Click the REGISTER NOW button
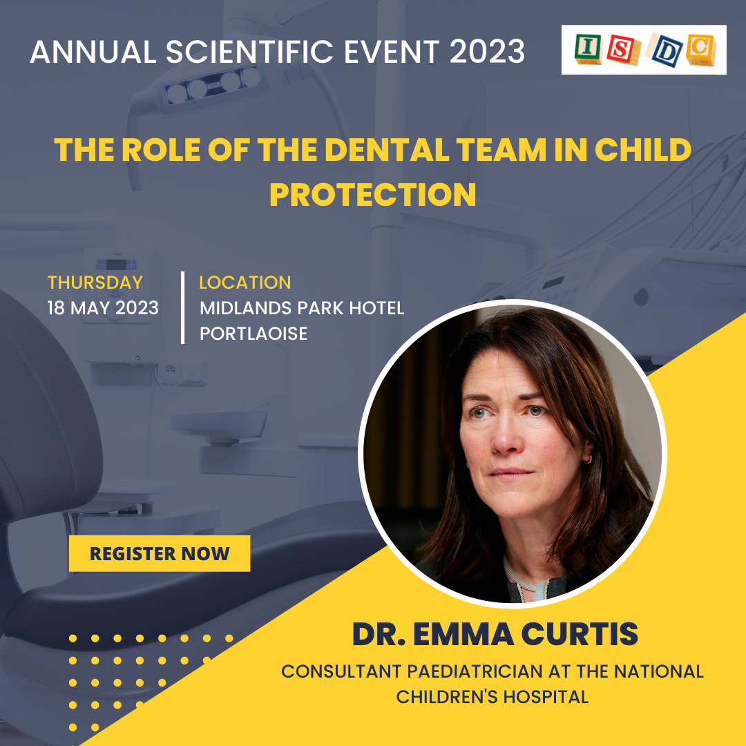point(160,553)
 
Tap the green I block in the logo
point(588,48)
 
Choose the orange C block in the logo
point(700,49)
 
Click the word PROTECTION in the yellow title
point(372,194)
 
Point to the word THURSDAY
point(95,283)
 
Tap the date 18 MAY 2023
point(103,308)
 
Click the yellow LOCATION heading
point(245,283)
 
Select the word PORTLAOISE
point(254,334)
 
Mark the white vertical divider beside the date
point(182,307)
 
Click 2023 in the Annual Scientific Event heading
point(487,51)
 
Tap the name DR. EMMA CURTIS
point(495,633)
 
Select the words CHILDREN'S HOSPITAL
point(492,697)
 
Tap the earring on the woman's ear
point(589,459)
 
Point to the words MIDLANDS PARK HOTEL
point(302,308)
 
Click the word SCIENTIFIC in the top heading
point(250,51)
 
